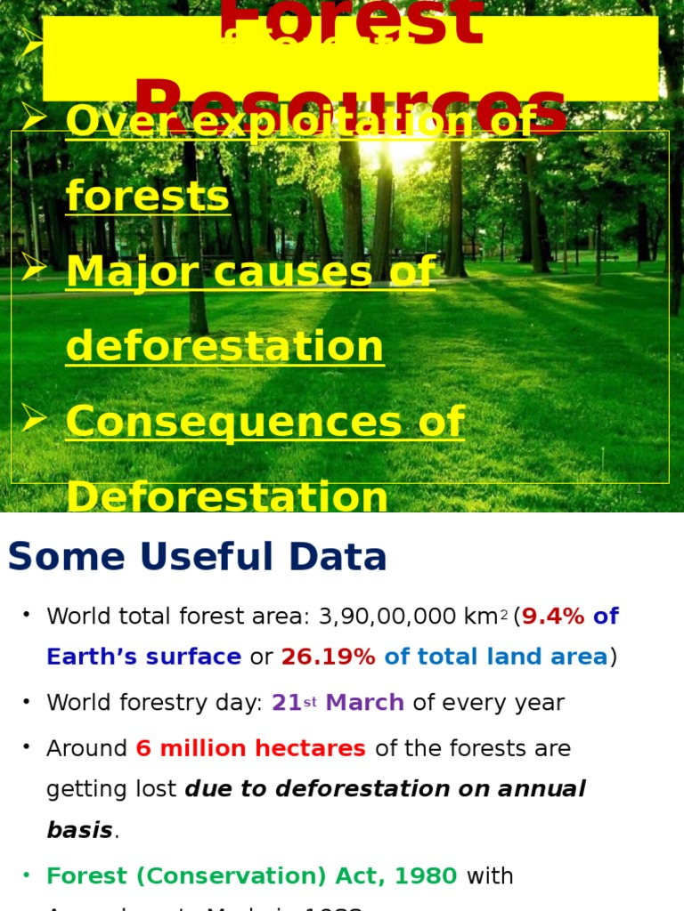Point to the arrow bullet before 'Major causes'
click(34, 267)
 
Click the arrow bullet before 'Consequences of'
click(34, 416)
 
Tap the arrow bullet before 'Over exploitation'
click(34, 117)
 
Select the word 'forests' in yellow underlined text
click(148, 197)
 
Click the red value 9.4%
click(552, 617)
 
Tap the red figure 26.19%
click(328, 657)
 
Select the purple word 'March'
click(364, 703)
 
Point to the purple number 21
click(286, 703)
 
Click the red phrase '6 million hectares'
click(250, 748)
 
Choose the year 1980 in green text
click(427, 876)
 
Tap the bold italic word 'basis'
click(79, 830)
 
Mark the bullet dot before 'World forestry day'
click(28, 701)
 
